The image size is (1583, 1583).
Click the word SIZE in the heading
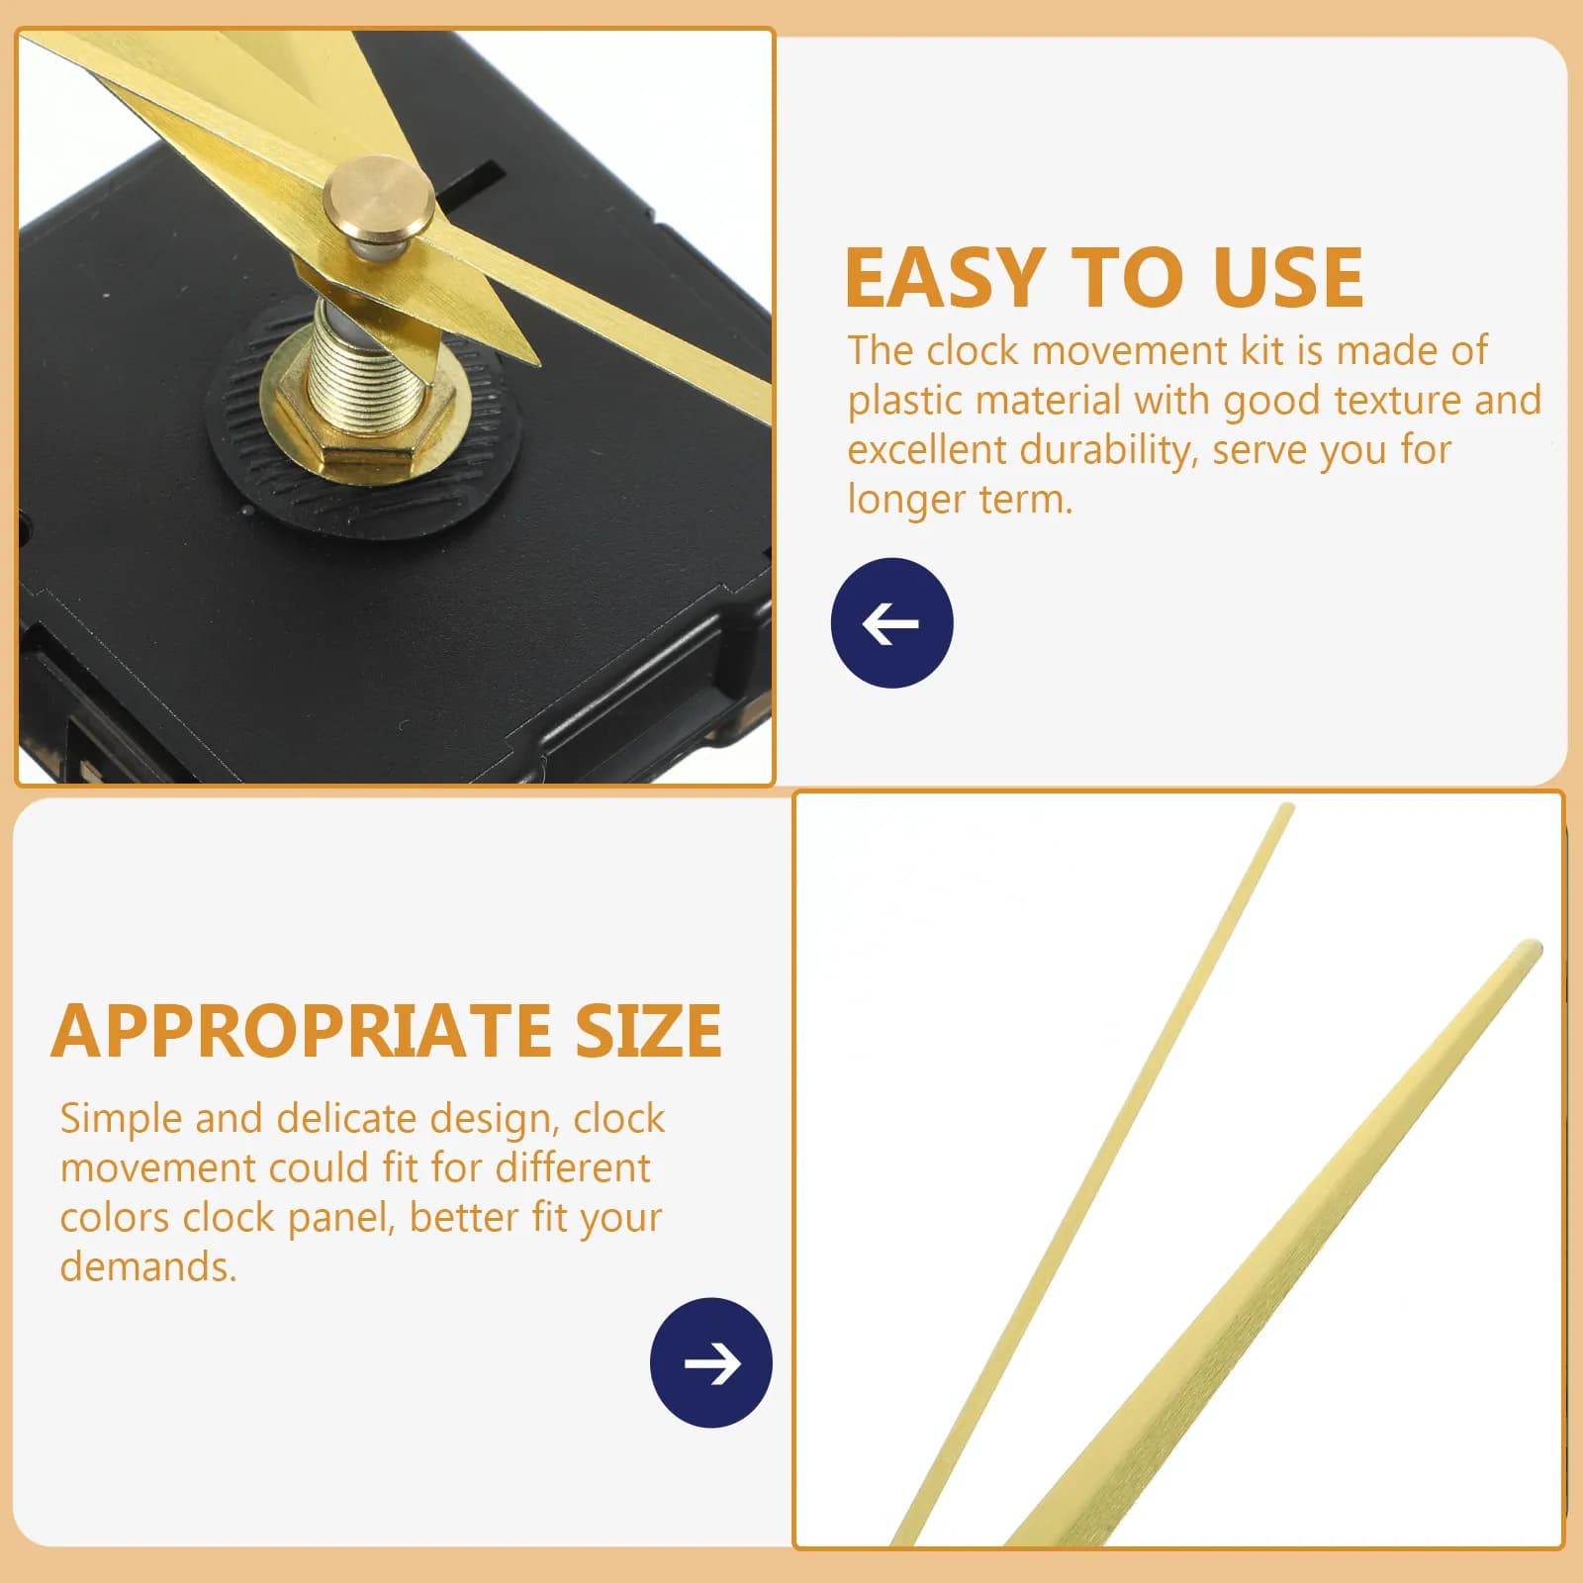[x=649, y=1031]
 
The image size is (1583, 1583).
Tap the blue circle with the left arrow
[x=892, y=623]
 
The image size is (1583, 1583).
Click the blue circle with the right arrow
[x=711, y=1362]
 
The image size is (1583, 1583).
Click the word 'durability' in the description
[x=1108, y=451]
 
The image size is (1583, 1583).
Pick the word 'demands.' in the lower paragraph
[x=148, y=1266]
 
